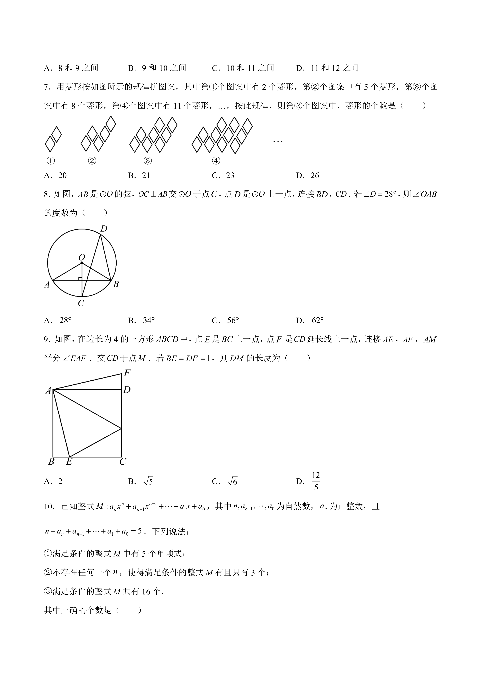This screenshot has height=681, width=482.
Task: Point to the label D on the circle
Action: point(104,229)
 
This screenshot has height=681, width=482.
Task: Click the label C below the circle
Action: point(81,303)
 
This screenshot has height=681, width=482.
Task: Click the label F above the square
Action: point(127,373)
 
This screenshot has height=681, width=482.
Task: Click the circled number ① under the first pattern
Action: point(51,161)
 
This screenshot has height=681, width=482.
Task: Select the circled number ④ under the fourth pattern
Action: point(216,161)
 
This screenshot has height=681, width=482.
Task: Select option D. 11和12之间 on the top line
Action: point(327,68)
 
